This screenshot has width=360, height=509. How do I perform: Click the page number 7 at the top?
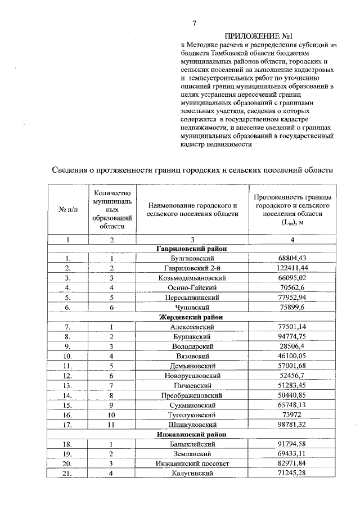[194, 23]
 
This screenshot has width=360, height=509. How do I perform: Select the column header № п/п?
[67, 210]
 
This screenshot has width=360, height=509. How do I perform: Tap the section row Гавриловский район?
[190, 249]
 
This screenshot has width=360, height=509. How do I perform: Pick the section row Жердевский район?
[190, 317]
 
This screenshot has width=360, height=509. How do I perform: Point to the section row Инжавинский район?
[190, 435]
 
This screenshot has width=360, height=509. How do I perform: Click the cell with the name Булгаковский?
[190, 258]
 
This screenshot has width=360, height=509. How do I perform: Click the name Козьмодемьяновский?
[190, 278]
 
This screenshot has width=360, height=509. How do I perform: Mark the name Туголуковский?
[190, 415]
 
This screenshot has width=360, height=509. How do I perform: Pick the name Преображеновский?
[190, 395]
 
